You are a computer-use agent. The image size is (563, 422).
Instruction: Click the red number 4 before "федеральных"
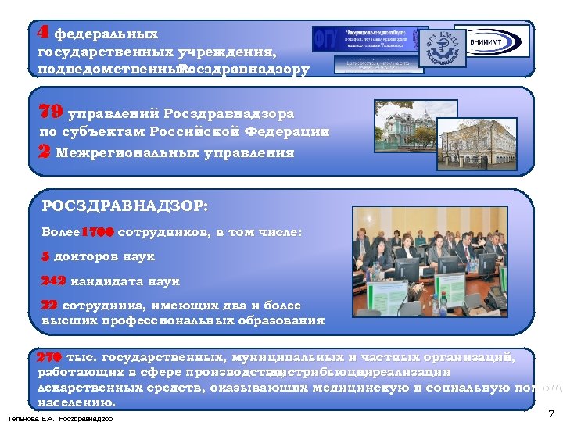tap(44, 33)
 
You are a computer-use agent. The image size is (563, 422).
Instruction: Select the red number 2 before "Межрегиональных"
tap(45, 152)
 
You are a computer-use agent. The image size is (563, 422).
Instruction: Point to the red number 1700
tap(98, 232)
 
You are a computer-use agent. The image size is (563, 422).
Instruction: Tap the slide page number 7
tap(550, 413)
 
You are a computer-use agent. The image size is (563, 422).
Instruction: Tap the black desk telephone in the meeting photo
tap(494, 297)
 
